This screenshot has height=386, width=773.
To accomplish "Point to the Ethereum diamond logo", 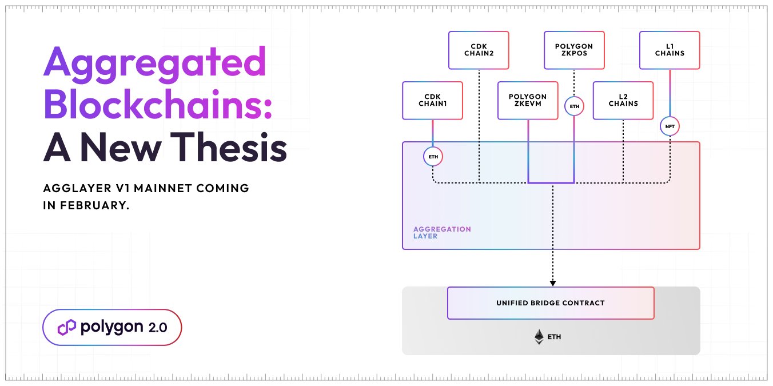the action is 539,337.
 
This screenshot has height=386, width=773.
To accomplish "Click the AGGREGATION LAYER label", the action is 442,233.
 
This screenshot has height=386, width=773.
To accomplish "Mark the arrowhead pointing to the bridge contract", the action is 553,284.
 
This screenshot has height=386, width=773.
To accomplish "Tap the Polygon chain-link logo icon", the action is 66,327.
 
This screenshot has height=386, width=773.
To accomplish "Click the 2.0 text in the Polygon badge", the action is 158,328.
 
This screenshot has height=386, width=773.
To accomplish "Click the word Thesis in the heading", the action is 229,147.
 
